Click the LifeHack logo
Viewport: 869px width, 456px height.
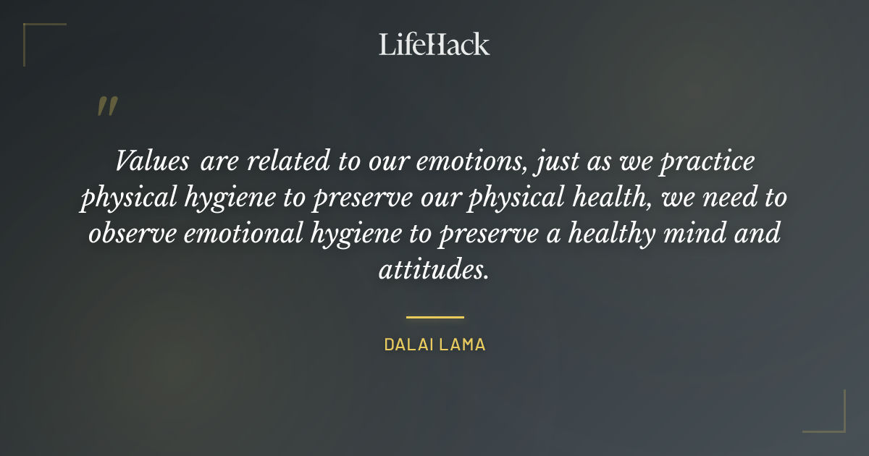click(x=434, y=44)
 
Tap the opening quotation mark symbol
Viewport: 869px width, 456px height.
click(x=106, y=106)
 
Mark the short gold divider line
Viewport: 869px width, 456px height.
click(x=434, y=317)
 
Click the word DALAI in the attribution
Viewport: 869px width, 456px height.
click(x=408, y=345)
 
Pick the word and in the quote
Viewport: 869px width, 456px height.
click(x=763, y=235)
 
